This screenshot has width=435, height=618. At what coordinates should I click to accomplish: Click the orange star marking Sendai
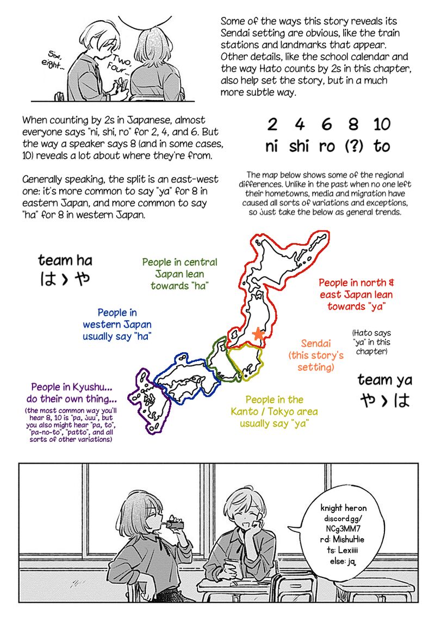coord(258,334)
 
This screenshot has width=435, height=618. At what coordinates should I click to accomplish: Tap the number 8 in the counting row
coord(353,125)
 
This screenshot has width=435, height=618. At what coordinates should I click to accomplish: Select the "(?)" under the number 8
coord(354,147)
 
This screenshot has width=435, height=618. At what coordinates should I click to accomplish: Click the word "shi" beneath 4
coord(299,147)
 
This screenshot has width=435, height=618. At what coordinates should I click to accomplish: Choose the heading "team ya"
coord(384,379)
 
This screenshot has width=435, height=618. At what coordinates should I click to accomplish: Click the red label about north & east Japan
coord(356,295)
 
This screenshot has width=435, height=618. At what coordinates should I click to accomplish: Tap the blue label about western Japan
coord(117,324)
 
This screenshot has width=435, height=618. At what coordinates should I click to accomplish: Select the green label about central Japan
coord(179,274)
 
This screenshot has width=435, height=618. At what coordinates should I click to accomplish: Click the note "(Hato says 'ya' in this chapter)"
coord(371,342)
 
